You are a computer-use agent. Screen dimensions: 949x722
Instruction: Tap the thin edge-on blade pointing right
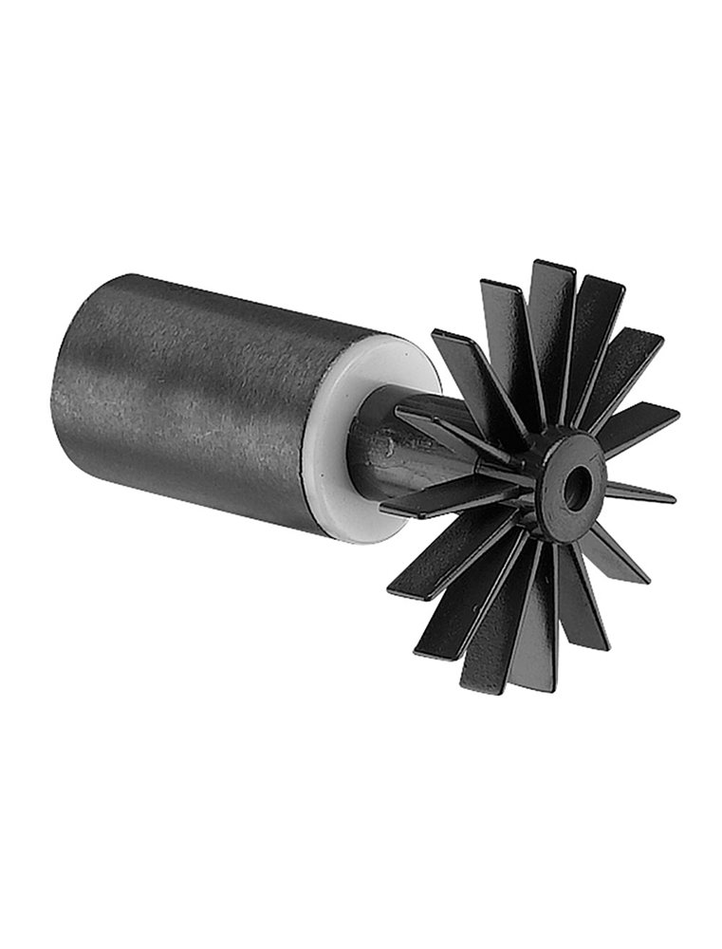click(645, 494)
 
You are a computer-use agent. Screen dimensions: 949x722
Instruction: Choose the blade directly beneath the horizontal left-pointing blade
click(446, 560)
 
